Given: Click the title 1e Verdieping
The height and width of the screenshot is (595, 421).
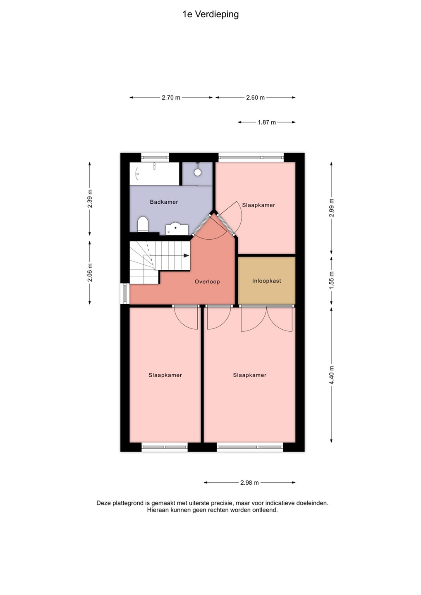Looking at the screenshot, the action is point(210,14).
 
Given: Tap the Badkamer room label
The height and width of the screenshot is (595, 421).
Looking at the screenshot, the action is point(164,202).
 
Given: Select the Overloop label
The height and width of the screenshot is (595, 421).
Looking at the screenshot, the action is point(207,281).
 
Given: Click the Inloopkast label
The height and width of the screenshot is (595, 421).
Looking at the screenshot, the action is point(267,281).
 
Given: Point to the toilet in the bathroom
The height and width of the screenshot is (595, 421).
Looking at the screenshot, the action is point(143,224).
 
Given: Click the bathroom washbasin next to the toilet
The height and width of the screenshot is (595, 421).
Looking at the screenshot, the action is point(177,229).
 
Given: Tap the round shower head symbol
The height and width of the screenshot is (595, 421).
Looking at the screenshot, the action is point(198,172).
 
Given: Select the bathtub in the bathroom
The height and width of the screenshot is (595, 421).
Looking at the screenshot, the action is point(154,174).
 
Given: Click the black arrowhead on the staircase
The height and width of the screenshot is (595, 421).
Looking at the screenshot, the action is point(187,255).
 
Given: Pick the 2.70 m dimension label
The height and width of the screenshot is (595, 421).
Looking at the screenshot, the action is point(171,98).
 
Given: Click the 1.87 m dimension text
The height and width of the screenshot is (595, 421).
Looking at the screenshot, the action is point(267,122).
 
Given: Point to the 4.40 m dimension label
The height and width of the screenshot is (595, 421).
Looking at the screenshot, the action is point(331,375).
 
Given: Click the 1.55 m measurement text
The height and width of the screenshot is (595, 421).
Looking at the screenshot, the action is point(331,281).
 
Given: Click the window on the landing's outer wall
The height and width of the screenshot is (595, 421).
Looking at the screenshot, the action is point(125,293).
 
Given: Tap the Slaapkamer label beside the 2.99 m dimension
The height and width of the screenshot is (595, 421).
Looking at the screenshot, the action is point(258,205).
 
